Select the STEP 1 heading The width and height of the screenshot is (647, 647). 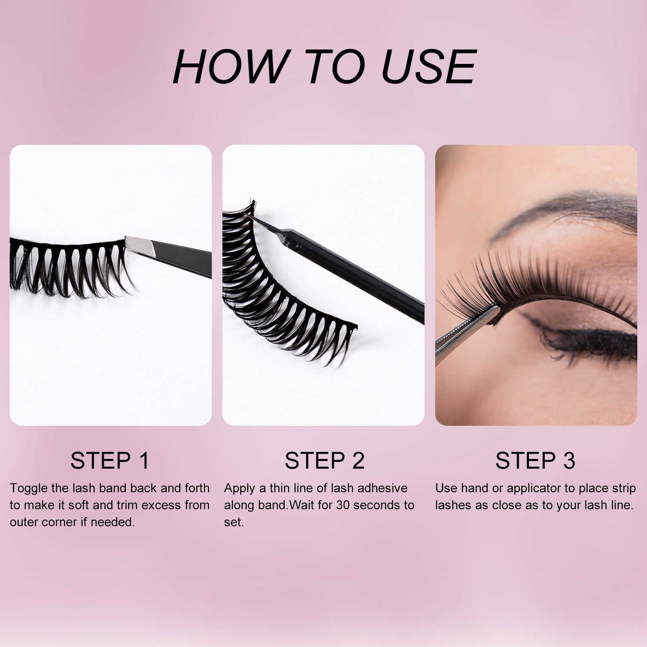pyautogui.click(x=110, y=460)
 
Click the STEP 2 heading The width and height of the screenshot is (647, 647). pyautogui.click(x=324, y=460)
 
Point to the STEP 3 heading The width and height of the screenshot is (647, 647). pyautogui.click(x=535, y=460)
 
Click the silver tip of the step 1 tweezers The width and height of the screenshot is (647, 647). pyautogui.click(x=137, y=244)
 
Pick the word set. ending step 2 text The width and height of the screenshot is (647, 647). pyautogui.click(x=234, y=522)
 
